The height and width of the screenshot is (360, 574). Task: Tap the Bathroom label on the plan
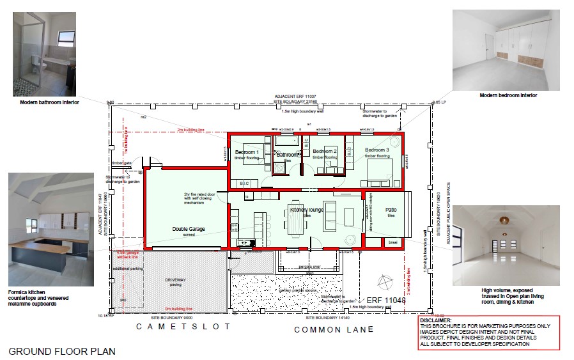[x=288, y=155]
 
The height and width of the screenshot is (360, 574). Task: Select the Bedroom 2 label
[x=325, y=151]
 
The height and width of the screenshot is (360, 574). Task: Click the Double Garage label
[x=189, y=228]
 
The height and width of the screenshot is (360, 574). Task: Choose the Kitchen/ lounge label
[x=307, y=210]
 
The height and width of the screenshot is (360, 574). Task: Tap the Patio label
[x=391, y=210]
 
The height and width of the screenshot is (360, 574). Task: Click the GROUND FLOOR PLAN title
[x=63, y=351]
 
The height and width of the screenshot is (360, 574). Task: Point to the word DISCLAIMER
[x=437, y=320]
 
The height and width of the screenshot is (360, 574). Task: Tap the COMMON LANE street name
[x=334, y=329]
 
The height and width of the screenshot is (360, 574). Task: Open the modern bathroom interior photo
[x=44, y=54]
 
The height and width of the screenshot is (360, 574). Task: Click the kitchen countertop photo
[x=51, y=229]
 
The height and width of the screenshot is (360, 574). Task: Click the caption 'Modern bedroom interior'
[x=508, y=95]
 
